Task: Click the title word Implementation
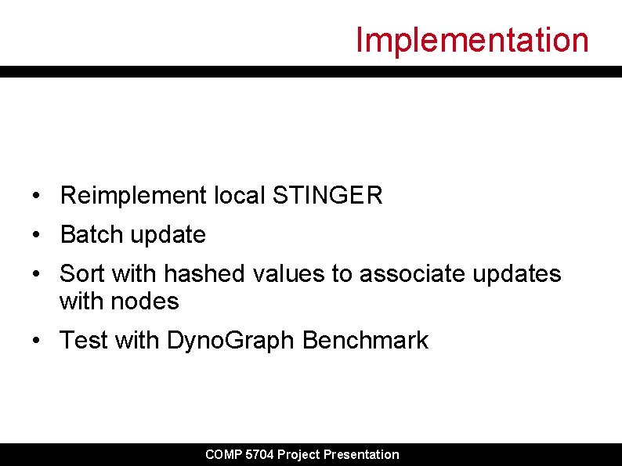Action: click(x=472, y=40)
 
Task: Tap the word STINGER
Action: click(x=327, y=196)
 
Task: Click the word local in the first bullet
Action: click(x=240, y=196)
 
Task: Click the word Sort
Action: click(x=82, y=274)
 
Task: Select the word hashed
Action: click(x=205, y=274)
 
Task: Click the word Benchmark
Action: click(x=366, y=341)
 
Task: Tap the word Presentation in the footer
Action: click(x=361, y=454)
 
